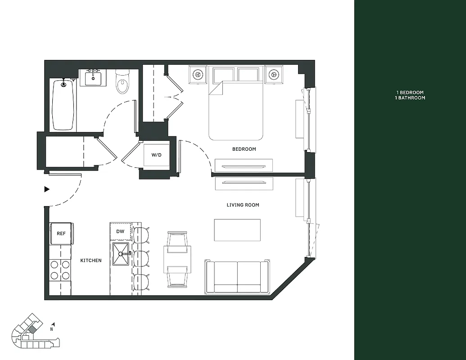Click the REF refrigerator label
pos(61,234)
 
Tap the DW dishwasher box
pos(120,231)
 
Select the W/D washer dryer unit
pos(156,155)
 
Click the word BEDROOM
pos(244,149)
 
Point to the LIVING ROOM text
pos(243,205)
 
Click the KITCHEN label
pos(90,260)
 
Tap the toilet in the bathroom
pos(122,82)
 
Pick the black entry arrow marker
pos(46,189)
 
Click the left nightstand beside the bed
pos(198,74)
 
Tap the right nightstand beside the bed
pos(273,74)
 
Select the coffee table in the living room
pos(237,230)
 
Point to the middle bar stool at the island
pos(141,258)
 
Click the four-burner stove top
pos(60,270)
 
